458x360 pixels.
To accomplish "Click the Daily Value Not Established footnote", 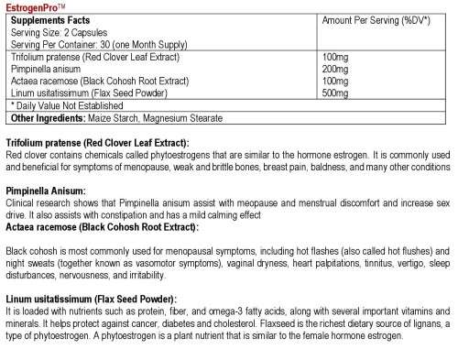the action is point(56,105).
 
